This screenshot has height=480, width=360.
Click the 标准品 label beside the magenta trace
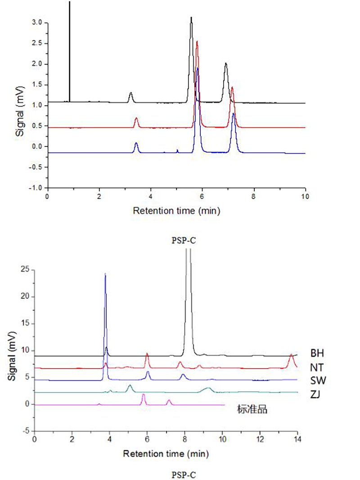(252, 410)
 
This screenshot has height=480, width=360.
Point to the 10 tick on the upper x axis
(305, 197)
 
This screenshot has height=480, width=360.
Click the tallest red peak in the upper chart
(197, 42)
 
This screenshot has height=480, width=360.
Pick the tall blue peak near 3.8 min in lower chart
(105, 274)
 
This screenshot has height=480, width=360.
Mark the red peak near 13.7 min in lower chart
(292, 355)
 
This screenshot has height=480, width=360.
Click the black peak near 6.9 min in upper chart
(226, 64)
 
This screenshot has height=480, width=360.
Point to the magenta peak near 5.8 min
(144, 395)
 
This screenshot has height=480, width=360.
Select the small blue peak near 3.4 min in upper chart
(136, 144)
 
